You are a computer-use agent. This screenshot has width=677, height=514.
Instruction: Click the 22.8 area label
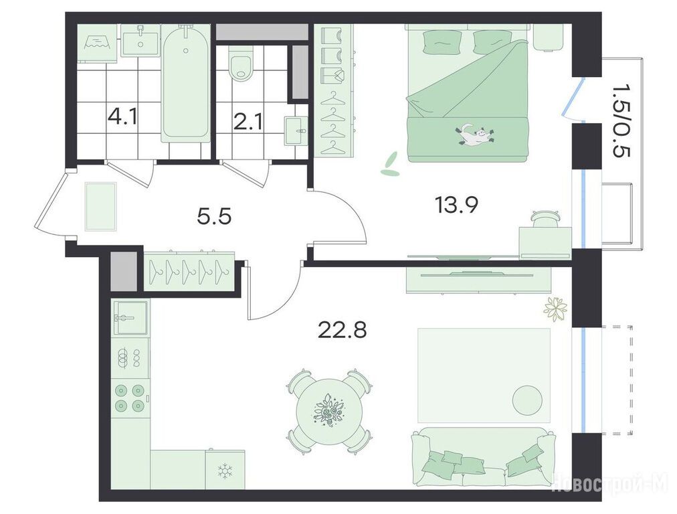pos(342,331)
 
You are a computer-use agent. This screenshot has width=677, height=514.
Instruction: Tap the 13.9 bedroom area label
pos(456,205)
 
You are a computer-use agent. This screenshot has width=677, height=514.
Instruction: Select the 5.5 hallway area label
pos(214,216)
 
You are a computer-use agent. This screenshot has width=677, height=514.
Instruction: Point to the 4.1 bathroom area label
pos(123,116)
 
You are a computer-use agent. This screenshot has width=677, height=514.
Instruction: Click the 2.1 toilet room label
pos(248,122)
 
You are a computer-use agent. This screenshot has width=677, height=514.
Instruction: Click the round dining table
pos(329,410)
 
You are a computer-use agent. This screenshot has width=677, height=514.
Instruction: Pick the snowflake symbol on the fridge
pos(225,470)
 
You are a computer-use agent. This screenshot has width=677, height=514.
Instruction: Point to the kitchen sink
pos(130,319)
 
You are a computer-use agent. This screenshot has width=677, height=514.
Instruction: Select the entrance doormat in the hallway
pos(100,206)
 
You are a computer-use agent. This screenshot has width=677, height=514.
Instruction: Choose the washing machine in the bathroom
pos(98,42)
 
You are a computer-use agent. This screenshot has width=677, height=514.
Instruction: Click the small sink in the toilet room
pos(296,130)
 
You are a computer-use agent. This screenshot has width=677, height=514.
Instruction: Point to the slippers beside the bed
pos(391,165)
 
